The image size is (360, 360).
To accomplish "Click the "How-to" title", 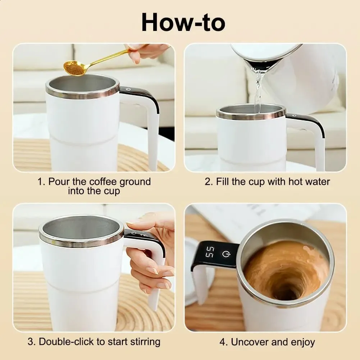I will point(183,22).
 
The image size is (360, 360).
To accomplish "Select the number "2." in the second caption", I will point(209,182).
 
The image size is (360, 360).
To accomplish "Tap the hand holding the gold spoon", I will point(147,52).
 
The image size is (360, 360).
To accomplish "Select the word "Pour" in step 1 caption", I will point(58,182).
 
